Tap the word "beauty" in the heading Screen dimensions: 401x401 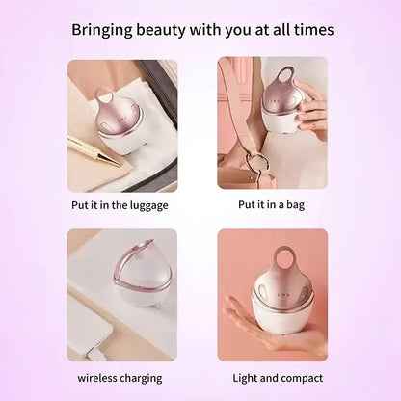(172, 30)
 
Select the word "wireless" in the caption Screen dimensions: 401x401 (98, 377)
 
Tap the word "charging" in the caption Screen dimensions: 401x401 (142, 377)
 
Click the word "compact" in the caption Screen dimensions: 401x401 (301, 377)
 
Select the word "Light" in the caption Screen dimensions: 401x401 (247, 377)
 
